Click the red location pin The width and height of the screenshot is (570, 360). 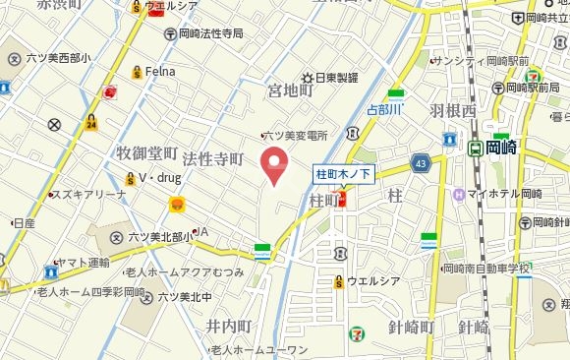276,164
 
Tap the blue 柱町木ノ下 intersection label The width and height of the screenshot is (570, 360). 343,174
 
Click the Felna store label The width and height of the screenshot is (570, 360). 159,71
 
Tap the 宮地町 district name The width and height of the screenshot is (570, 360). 290,90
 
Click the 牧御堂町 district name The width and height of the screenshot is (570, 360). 146,154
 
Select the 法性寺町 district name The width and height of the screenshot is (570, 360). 212,158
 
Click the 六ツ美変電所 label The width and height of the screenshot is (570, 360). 297,135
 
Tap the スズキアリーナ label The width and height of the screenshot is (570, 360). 92,195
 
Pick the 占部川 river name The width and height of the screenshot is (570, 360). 385,109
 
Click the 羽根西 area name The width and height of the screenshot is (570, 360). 452,111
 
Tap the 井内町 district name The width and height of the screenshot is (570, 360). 230,327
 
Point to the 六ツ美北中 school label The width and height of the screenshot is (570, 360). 185,295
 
